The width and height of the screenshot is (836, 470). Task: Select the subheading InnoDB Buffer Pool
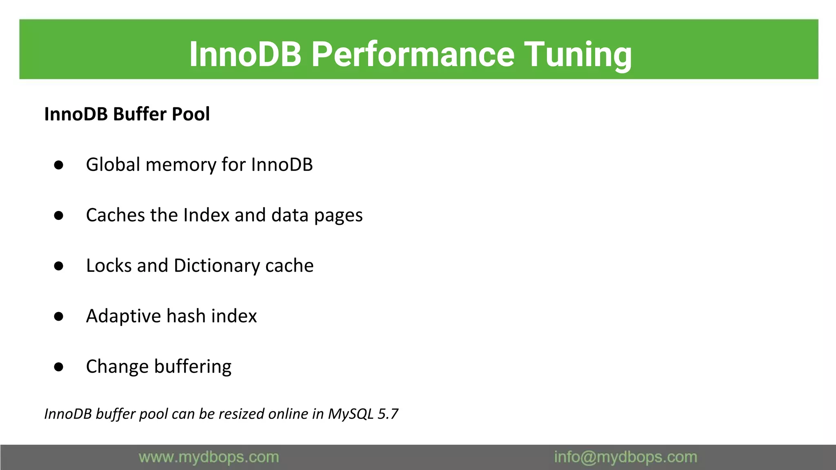tap(127, 114)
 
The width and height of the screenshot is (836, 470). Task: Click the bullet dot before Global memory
tap(59, 165)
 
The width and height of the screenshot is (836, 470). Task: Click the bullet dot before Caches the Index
tap(59, 215)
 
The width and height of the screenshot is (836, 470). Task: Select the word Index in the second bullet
tap(207, 215)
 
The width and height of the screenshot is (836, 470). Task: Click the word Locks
tap(109, 266)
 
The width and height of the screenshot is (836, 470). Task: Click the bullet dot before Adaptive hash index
tap(59, 316)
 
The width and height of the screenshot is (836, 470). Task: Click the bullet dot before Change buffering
tap(59, 367)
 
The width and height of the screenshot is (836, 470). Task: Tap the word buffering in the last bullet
tap(193, 367)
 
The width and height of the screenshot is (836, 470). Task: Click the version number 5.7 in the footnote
tap(388, 414)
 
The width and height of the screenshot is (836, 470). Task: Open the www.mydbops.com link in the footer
tap(209, 457)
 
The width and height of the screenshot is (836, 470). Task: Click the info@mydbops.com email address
tap(625, 457)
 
